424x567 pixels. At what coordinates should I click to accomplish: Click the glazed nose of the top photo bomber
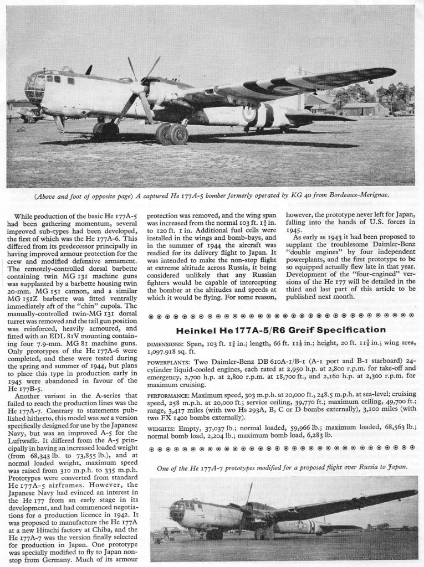[34, 89]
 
